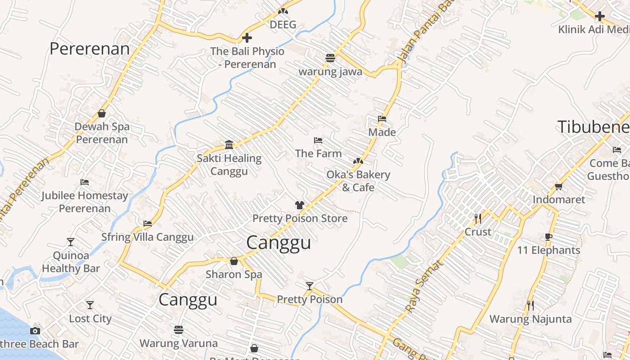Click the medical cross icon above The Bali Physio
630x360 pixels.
(247, 38)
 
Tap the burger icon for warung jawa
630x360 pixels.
(330, 58)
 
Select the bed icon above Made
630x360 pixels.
(382, 119)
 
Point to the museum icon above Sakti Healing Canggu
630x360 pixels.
(229, 144)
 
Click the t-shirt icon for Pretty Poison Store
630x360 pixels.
(300, 205)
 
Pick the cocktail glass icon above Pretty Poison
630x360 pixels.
(309, 286)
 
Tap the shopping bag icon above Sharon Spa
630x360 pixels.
(234, 261)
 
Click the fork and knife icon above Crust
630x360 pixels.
(478, 219)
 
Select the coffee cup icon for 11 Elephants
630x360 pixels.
(549, 237)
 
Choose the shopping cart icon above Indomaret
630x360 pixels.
(559, 186)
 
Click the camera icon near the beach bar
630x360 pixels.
(35, 331)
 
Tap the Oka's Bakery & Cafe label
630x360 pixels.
(358, 181)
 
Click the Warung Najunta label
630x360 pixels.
(531, 319)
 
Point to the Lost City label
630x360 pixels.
(90, 319)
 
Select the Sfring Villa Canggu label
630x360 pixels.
(148, 237)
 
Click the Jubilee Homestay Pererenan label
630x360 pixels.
(85, 202)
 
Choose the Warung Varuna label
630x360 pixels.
(179, 343)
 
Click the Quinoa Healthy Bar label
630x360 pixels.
(71, 262)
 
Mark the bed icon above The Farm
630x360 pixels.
(318, 140)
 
